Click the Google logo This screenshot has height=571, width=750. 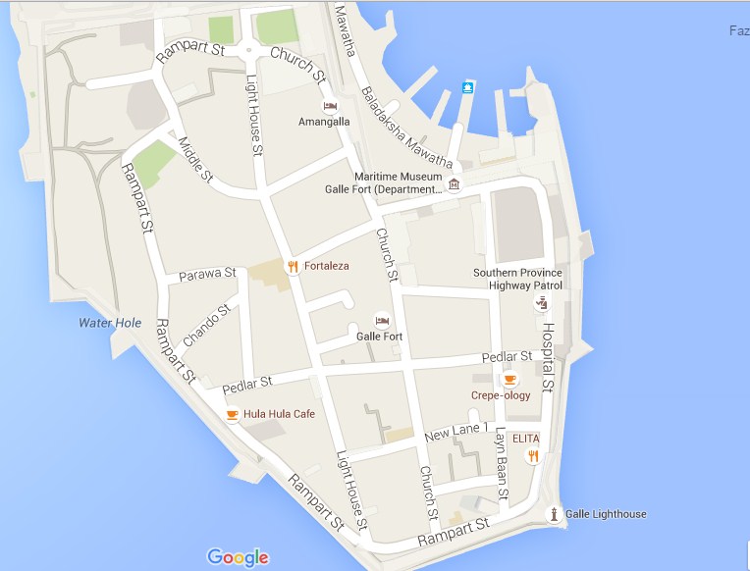(238, 557)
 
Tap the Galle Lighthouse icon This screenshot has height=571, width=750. (555, 514)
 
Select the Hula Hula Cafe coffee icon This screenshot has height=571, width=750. (232, 414)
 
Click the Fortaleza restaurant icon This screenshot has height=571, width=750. (292, 266)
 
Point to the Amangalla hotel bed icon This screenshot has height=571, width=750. (330, 106)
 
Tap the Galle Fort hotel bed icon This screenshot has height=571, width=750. (382, 321)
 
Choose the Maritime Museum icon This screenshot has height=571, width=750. (454, 184)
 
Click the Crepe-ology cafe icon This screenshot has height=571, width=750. (509, 380)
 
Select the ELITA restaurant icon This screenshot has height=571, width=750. (533, 455)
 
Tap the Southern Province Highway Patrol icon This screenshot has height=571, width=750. (540, 303)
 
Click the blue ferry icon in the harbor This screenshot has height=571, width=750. (469, 87)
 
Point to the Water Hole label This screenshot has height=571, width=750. (110, 323)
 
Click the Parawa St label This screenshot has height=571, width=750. (207, 274)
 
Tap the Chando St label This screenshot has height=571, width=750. (206, 324)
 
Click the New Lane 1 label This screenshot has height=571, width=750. (455, 432)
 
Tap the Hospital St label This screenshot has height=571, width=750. (548, 358)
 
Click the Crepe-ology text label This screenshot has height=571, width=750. (501, 395)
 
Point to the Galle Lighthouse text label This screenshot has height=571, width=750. (606, 514)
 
